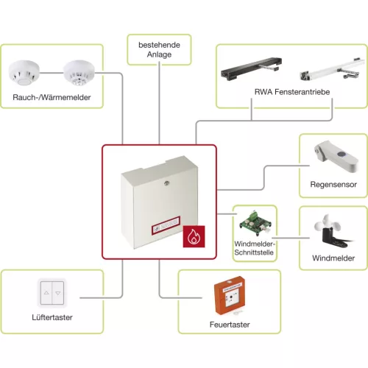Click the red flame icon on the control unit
[x=194, y=236]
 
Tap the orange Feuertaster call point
[x=230, y=296]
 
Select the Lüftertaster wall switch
[x=52, y=293]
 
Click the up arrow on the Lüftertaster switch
[x=46, y=293]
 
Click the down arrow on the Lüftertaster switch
[x=58, y=293]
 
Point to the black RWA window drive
[x=251, y=68]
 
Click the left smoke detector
[x=24, y=73]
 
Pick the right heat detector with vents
[x=79, y=73]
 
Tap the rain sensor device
[x=336, y=156]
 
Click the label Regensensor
[x=333, y=184]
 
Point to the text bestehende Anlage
[x=159, y=49]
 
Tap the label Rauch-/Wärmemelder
[x=52, y=97]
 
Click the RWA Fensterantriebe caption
[x=292, y=92]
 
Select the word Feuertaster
[x=230, y=325]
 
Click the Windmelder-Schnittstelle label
[x=254, y=248]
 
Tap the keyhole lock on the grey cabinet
[x=166, y=183]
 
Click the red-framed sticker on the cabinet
[x=166, y=226]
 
